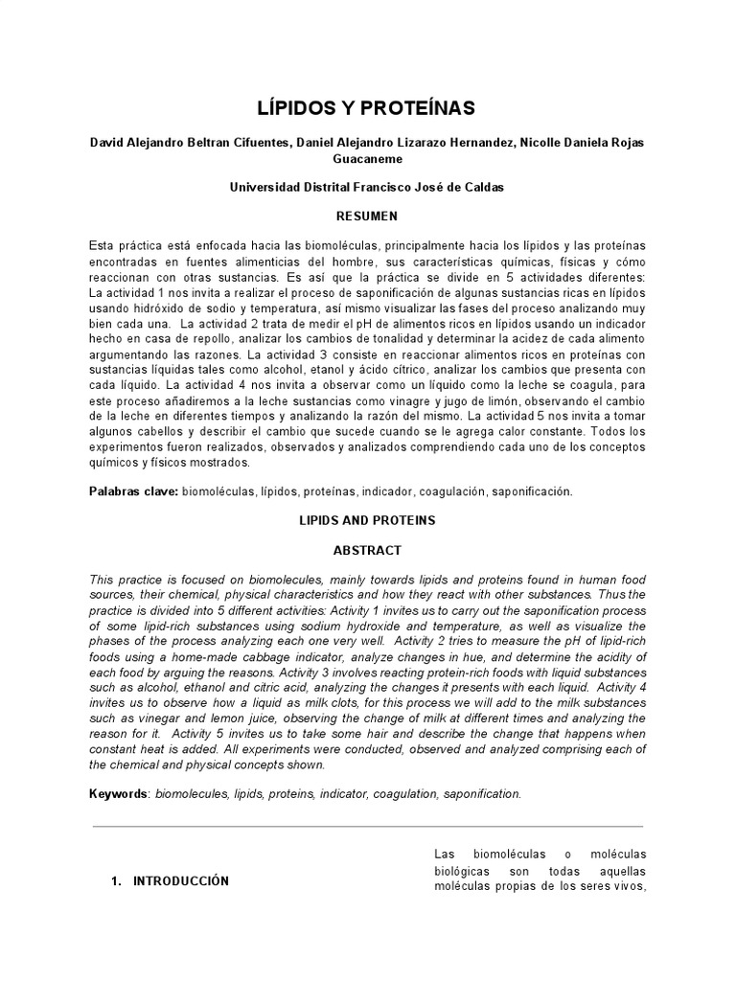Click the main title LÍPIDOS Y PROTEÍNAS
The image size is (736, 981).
tap(367, 105)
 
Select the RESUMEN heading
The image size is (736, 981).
tap(367, 217)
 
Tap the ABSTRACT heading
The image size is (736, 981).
tap(367, 551)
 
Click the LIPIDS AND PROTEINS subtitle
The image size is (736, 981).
tap(367, 520)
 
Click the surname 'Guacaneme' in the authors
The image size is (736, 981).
tap(367, 158)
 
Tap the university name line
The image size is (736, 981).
tap(367, 188)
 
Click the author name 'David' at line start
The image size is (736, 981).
tap(106, 143)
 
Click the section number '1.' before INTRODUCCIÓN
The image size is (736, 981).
tap(118, 881)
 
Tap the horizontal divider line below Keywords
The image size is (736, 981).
tap(367, 827)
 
